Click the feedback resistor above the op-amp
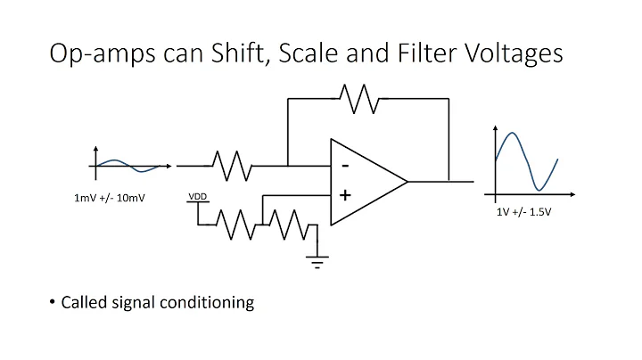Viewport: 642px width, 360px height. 360,100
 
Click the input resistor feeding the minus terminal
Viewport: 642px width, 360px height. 232,165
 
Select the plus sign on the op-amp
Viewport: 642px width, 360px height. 344,195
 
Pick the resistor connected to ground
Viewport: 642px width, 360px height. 289,224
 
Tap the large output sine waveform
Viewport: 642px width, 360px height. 526,160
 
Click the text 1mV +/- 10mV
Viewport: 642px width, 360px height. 109,199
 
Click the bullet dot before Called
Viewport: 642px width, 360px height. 53,302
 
